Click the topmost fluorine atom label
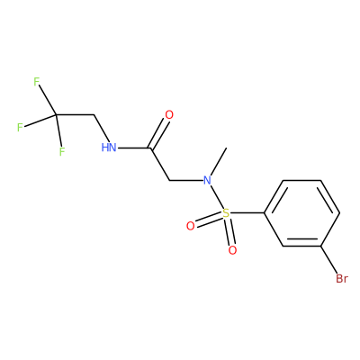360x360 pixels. [x=37, y=82]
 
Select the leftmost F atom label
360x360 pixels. [x=20, y=128]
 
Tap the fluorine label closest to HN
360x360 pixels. [x=62, y=151]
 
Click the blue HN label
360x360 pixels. [x=109, y=148]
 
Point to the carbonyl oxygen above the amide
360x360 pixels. [x=169, y=115]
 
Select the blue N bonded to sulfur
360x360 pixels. [x=207, y=181]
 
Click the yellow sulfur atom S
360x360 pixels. [x=226, y=213]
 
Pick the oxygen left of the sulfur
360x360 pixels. [x=191, y=226]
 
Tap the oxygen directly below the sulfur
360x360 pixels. [x=232, y=250]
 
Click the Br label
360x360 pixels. [x=342, y=279]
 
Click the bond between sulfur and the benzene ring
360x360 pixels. [x=247, y=213]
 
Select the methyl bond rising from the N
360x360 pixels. [x=219, y=162]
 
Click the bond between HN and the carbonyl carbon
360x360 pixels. [x=133, y=148]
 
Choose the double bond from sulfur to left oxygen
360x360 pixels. [x=209, y=220]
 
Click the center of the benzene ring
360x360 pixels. [x=301, y=213]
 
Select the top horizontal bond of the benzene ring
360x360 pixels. [x=301, y=180]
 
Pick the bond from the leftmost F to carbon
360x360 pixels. [x=40, y=121]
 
